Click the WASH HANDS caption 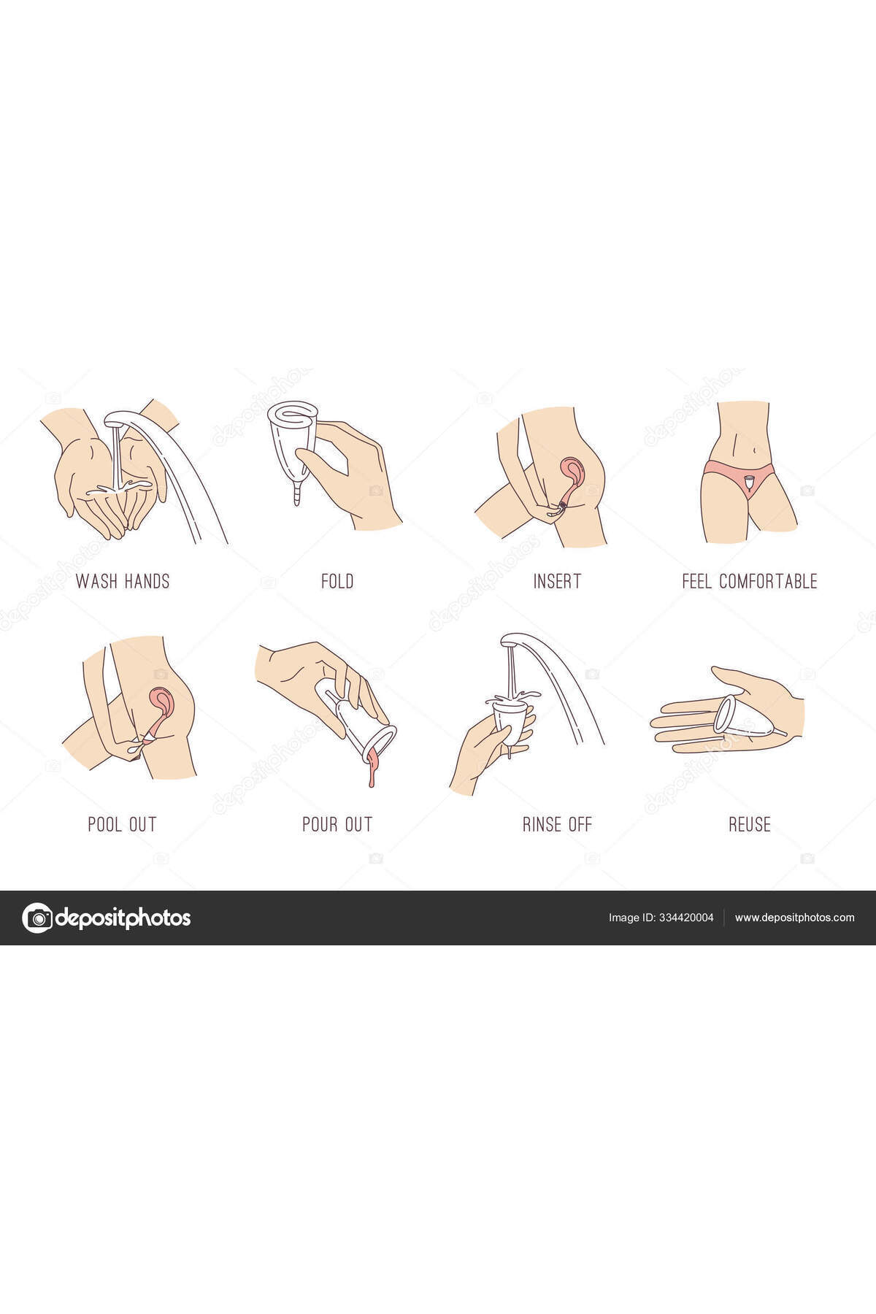coord(123,581)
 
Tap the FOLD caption coord(337,581)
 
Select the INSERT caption coord(557,581)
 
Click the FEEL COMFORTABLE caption coord(750,581)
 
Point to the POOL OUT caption coord(122,824)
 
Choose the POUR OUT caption coord(337,824)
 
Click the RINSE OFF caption coord(557,824)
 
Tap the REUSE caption coord(750,824)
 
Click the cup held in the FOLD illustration coord(292,445)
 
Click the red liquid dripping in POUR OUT coord(373,766)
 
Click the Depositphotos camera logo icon coord(37,918)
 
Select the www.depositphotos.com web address coord(794,918)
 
